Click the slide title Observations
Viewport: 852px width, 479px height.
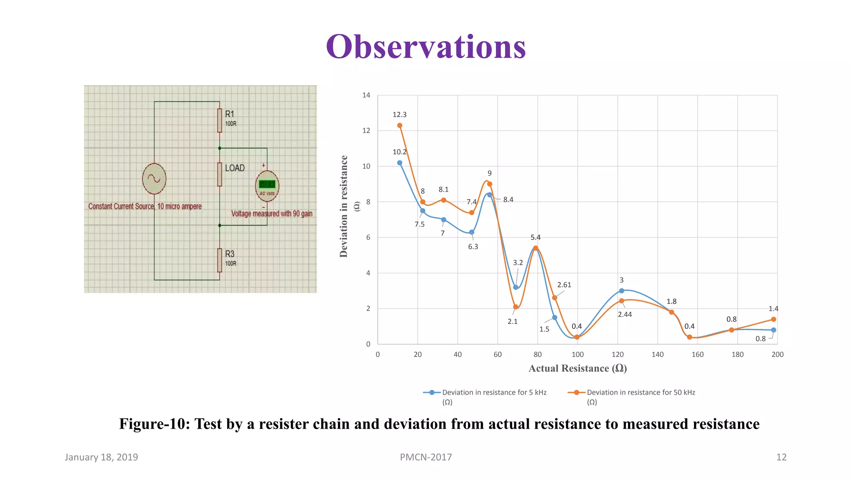(426, 47)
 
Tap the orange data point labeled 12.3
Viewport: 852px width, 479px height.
(399, 125)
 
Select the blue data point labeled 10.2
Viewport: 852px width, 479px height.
(399, 163)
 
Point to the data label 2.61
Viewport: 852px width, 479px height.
(564, 285)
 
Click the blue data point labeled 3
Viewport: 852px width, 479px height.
(622, 291)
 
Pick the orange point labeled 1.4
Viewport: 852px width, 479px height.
(773, 319)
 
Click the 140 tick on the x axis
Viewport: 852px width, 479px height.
(657, 354)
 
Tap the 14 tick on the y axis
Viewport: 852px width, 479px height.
(366, 95)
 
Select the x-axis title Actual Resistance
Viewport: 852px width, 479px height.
(577, 368)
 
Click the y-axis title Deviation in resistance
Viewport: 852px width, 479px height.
(344, 206)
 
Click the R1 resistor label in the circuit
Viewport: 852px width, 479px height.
(230, 114)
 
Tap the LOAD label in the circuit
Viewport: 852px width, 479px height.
(235, 168)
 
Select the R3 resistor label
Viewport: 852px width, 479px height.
(230, 254)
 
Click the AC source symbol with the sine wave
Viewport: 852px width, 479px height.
(154, 179)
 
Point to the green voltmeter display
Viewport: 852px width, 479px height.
(267, 184)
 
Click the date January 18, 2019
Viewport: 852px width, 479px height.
(101, 457)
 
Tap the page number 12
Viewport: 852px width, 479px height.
(781, 457)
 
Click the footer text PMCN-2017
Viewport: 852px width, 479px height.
(426, 457)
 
